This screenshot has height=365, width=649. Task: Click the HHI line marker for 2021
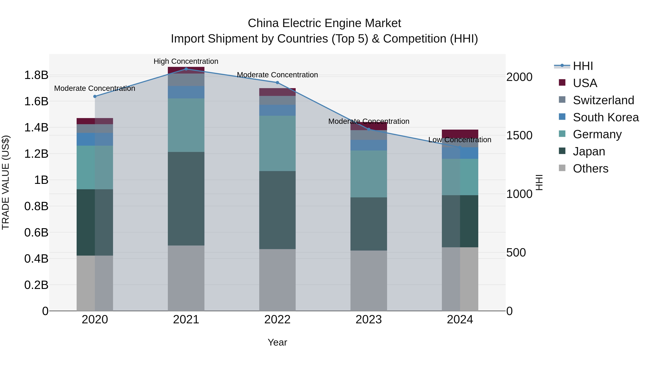(x=186, y=69)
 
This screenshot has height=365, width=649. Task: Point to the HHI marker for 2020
(x=95, y=96)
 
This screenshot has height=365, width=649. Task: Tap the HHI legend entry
(x=582, y=66)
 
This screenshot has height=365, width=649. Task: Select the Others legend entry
(x=590, y=169)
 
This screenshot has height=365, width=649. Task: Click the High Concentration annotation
(x=186, y=61)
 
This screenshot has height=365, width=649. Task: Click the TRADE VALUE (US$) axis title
(x=6, y=182)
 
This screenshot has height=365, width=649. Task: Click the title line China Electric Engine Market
(x=324, y=23)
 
